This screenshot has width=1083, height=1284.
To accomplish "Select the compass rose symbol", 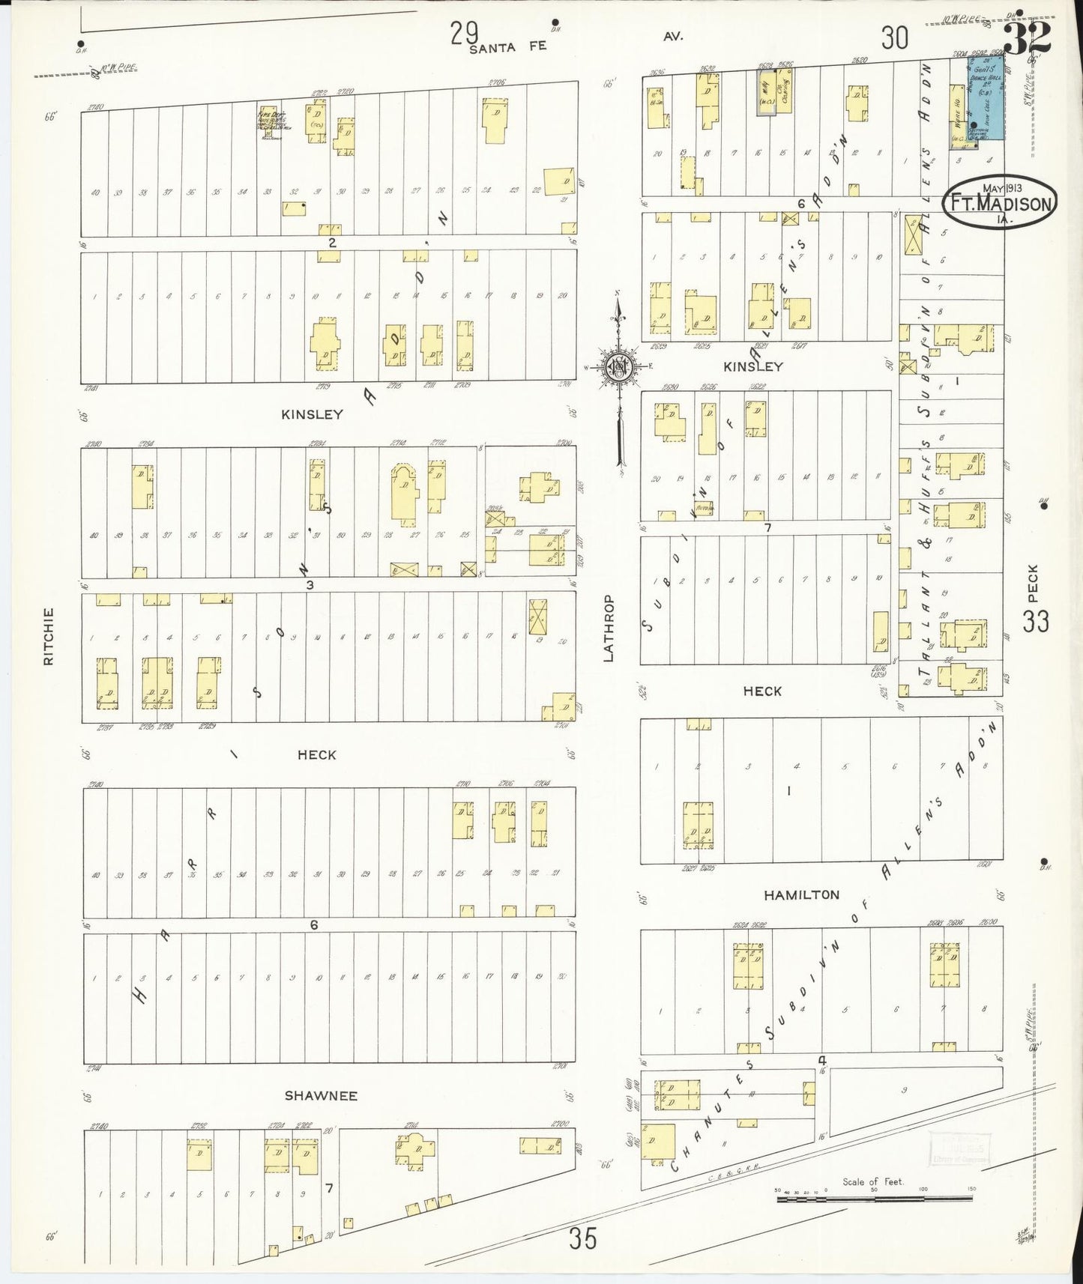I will [619, 367].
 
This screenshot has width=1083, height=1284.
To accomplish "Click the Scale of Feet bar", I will [874, 1199].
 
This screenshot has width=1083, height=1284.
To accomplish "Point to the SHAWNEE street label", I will [321, 1096].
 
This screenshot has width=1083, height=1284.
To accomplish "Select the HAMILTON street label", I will [801, 894].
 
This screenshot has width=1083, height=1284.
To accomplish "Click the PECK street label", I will [1033, 583].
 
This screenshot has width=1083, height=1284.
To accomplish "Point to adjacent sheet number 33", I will [1036, 621].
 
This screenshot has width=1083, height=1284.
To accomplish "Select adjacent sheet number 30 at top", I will [894, 37].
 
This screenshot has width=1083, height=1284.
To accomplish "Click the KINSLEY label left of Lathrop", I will [312, 414].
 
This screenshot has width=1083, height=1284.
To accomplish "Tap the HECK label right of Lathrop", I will [762, 691].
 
